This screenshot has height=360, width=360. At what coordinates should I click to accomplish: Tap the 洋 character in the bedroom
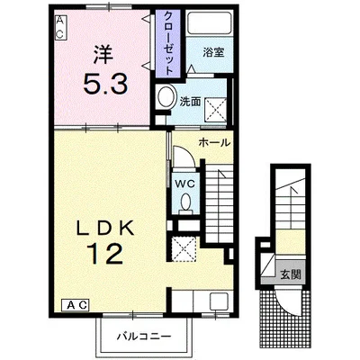point(103,55)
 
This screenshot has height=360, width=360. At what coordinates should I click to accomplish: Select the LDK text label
point(104,229)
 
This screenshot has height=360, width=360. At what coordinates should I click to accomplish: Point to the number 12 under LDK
point(105,254)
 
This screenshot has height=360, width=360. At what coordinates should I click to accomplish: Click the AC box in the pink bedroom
point(60,28)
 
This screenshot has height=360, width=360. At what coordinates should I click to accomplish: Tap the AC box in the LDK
point(75,305)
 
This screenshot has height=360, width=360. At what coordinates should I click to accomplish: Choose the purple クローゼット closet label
point(168,42)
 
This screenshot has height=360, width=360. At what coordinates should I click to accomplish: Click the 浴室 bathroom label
point(213,53)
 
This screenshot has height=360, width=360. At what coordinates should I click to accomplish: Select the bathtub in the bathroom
point(210,23)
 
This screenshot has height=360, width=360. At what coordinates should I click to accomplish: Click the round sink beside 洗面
point(166,96)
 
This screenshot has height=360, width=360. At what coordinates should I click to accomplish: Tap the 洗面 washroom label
point(190,102)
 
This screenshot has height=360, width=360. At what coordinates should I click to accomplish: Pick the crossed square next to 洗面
point(215,109)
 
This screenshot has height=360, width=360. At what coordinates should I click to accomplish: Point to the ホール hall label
point(214,143)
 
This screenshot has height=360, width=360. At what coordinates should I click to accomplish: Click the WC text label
point(184,184)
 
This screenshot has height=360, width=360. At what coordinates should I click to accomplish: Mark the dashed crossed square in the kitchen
point(184,248)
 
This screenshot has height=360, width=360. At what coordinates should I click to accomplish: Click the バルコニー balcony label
point(144,336)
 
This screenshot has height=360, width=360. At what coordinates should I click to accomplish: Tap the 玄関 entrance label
point(291,274)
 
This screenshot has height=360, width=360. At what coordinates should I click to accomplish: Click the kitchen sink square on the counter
point(219,301)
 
